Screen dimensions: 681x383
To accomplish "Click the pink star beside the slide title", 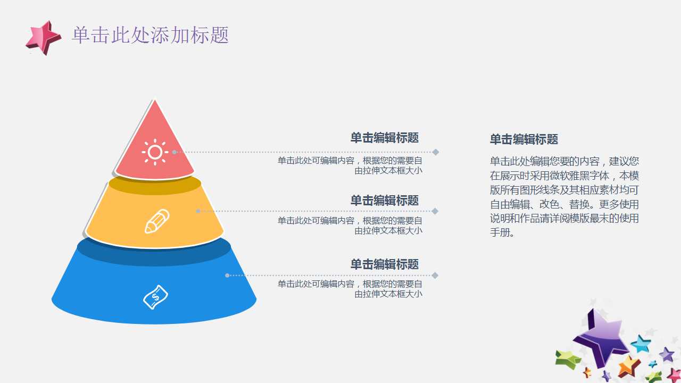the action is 44,38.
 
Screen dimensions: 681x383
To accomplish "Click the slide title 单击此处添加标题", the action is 151,35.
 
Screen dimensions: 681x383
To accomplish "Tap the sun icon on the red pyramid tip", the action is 155,152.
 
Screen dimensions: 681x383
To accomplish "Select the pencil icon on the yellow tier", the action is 157,221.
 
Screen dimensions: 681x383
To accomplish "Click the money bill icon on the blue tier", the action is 156,297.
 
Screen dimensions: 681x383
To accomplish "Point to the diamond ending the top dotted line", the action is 435,152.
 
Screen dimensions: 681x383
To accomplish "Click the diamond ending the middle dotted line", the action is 435,211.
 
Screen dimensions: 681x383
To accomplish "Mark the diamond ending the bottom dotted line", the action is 435,276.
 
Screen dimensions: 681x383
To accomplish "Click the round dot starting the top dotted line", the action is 174,152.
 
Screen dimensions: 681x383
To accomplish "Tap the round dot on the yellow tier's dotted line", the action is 198,211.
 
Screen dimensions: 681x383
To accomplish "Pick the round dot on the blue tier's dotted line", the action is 227,276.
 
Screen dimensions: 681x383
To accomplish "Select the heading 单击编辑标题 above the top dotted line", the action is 385,138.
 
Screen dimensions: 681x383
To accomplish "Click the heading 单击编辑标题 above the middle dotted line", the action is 385,201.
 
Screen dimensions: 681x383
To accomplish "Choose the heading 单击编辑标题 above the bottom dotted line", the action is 385,264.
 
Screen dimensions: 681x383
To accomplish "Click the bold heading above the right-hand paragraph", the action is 524,139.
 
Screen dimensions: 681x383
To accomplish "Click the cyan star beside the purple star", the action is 641,344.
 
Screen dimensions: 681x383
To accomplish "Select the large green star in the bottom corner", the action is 567,360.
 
